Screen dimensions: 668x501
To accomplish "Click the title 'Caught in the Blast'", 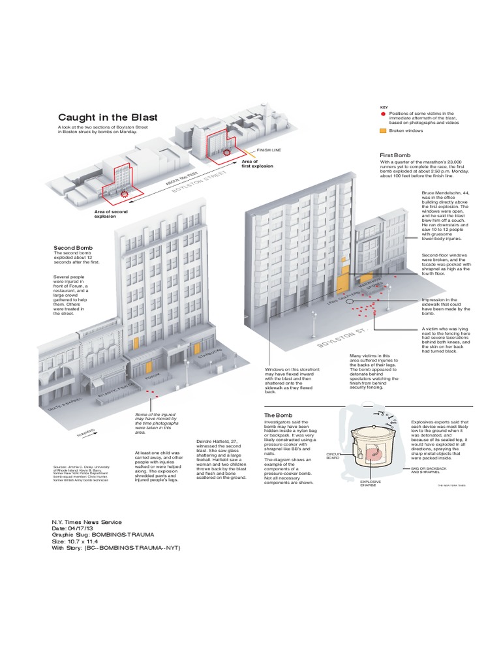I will (108, 117).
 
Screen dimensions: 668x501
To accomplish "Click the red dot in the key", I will (382, 114).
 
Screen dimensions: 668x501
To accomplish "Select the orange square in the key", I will (382, 130).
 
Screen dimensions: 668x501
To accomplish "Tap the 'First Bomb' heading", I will (395, 155).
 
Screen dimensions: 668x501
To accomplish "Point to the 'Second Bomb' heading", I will (73, 249).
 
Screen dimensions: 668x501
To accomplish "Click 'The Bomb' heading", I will (278, 416).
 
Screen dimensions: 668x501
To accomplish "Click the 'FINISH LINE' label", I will (269, 150).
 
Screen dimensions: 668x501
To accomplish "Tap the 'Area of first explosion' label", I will (257, 164).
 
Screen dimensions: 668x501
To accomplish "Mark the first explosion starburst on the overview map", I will (227, 151).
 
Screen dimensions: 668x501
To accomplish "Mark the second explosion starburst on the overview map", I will (124, 194).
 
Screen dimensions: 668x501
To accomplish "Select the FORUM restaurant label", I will (153, 378).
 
